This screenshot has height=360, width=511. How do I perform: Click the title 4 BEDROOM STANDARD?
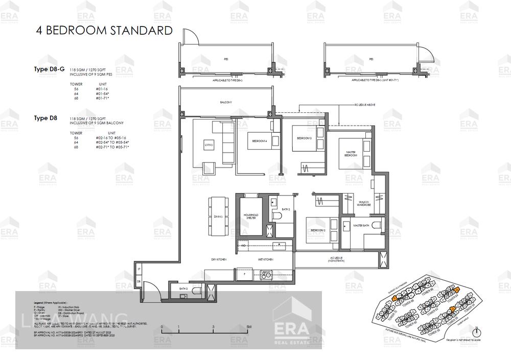pyautogui.click(x=104, y=31)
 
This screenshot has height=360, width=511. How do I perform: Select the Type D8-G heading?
pyautogui.click(x=49, y=69)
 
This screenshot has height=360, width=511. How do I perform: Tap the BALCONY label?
pyautogui.click(x=226, y=103)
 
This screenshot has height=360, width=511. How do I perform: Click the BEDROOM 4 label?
pyautogui.click(x=259, y=141)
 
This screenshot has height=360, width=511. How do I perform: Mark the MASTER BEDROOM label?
pyautogui.click(x=351, y=154)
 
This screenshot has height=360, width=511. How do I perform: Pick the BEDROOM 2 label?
pyautogui.click(x=317, y=230)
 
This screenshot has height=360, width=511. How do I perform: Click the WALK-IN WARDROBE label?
pyautogui.click(x=364, y=204)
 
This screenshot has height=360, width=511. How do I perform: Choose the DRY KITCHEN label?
pyautogui.click(x=219, y=260)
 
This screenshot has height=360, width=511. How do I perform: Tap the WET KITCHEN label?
pyautogui.click(x=265, y=260)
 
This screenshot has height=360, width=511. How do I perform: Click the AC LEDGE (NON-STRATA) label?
pyautogui.click(x=337, y=259)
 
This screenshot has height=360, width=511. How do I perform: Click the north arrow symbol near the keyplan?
pyautogui.click(x=476, y=331)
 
